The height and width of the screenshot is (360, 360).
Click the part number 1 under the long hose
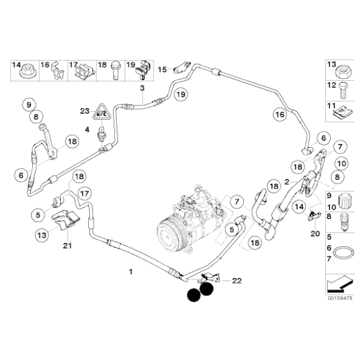tap(130, 272)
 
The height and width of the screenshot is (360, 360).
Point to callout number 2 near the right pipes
tap(286, 182)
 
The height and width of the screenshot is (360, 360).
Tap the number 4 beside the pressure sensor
tap(87, 130)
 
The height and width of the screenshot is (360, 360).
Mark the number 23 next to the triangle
tap(85, 111)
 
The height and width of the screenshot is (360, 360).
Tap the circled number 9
tap(27, 103)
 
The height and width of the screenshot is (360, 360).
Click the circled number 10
tap(341, 163)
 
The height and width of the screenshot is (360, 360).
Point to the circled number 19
tap(179, 94)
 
